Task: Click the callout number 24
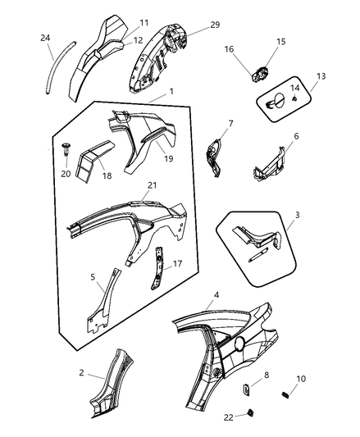[45, 38]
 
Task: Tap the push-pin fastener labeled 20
[66, 151]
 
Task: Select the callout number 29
[215, 25]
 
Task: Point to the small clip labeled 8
[246, 389]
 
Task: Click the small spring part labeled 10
[285, 394]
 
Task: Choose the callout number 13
[321, 76]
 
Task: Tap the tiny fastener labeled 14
[294, 98]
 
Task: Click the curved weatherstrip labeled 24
[59, 67]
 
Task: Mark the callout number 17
[178, 264]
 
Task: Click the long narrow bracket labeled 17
[157, 268]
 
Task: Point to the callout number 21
[153, 185]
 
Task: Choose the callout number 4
[216, 294]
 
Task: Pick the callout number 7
[230, 124]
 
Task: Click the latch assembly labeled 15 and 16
[261, 74]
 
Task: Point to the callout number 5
[93, 277]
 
